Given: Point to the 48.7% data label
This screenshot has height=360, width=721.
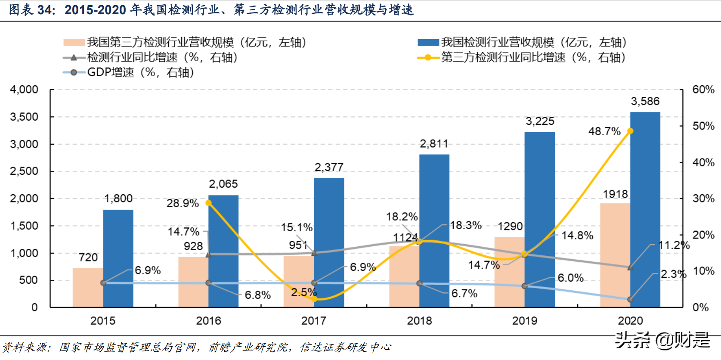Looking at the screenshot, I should point(604,131).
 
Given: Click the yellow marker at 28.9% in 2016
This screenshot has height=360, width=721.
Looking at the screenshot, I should point(209,203).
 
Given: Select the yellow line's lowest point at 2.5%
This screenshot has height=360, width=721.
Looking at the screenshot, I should point(314,298).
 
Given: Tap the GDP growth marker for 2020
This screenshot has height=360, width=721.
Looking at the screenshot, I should point(630,299).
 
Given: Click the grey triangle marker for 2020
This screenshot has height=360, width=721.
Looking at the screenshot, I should point(630,267).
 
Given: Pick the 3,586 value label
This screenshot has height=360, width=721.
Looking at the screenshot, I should point(645,101).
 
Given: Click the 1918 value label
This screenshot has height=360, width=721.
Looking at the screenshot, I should point(615,194).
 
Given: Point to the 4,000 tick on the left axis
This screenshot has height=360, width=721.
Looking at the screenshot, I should point(24,90).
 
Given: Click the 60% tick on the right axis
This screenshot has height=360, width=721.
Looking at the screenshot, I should point(703,90).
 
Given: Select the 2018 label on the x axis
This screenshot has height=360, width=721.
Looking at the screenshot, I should point(419,321).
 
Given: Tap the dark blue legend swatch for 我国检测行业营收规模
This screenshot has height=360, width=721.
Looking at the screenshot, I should point(428,42).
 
